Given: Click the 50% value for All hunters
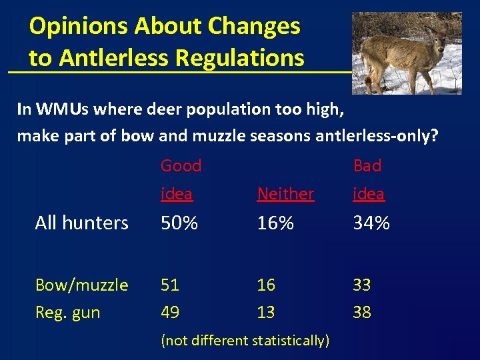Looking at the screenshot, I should [x=179, y=223].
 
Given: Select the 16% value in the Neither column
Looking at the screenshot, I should [x=275, y=223].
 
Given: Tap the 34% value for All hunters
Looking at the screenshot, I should [x=371, y=223].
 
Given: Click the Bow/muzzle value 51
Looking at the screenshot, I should [x=170, y=285].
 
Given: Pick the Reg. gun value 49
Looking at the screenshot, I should [x=170, y=312].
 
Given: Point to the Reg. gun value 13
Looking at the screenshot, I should [x=266, y=312].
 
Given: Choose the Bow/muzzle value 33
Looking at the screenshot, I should [x=362, y=285].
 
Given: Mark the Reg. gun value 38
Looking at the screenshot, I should [x=362, y=312].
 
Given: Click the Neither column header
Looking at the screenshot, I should [x=285, y=194].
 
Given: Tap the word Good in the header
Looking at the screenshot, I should [x=181, y=165].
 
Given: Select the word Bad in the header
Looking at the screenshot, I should [x=367, y=165].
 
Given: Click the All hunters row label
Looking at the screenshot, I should [x=81, y=223].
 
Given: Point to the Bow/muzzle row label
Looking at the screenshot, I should [x=81, y=285].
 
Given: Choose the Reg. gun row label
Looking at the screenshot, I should [x=67, y=312].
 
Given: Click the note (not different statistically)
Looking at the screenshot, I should [x=245, y=340].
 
